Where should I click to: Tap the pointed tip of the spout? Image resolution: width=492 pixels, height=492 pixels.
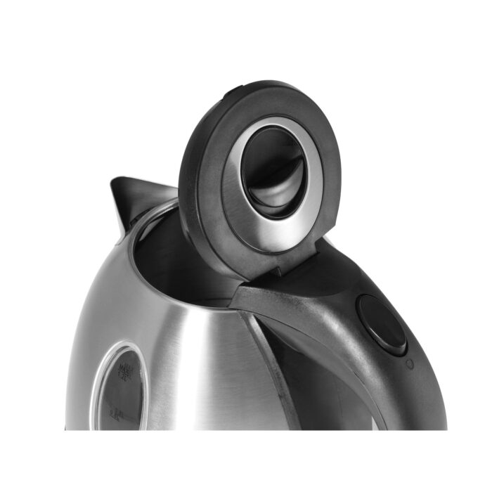pos(115,181)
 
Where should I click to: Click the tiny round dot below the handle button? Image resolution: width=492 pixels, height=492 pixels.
pos(410,363)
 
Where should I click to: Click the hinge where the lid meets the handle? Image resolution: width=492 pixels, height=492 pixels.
pos(281,271)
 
